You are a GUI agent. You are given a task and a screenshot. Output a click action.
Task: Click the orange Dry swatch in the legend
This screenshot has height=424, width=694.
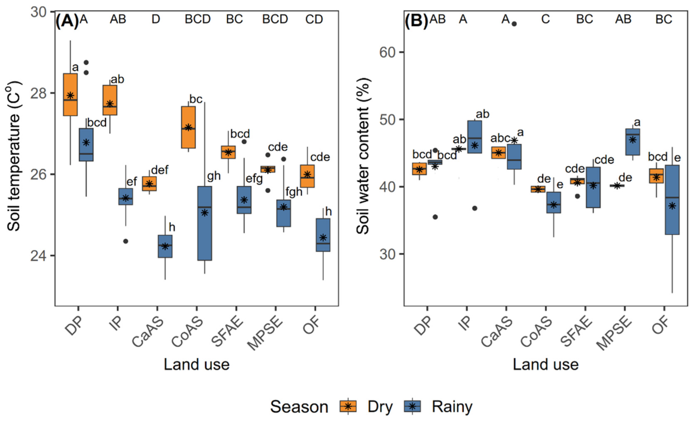click(348, 406)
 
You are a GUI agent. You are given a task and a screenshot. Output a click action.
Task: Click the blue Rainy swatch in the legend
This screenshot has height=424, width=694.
click(412, 406)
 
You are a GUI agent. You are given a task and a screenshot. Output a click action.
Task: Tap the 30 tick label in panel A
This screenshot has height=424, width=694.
click(39, 12)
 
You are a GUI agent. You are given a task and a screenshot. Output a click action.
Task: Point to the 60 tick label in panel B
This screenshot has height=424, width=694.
click(387, 52)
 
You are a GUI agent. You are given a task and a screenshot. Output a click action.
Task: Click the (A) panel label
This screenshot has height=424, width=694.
click(67, 21)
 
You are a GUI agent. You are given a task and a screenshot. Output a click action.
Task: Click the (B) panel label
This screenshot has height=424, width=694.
click(416, 21)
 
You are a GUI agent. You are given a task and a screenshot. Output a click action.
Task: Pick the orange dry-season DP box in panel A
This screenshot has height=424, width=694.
click(70, 95)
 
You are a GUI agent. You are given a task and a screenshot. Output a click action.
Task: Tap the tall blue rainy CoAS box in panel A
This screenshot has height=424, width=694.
click(205, 223)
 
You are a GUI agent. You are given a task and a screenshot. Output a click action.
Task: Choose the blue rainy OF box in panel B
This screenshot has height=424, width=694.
click(672, 200)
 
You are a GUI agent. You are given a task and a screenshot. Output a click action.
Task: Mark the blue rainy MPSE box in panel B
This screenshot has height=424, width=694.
click(633, 142)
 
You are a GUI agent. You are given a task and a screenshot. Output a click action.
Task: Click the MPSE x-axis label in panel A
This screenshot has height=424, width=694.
click(265, 333)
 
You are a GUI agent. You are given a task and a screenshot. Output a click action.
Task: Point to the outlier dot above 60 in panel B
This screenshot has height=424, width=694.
click(514, 24)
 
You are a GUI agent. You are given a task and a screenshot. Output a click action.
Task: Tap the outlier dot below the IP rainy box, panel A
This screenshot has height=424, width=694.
click(126, 241)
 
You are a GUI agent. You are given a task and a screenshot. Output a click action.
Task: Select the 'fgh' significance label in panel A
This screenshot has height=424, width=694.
click(294, 192)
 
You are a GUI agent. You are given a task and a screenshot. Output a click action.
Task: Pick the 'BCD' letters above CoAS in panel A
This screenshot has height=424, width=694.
click(198, 20)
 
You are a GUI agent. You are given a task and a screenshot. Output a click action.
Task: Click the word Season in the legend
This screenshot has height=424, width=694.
click(299, 407)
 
